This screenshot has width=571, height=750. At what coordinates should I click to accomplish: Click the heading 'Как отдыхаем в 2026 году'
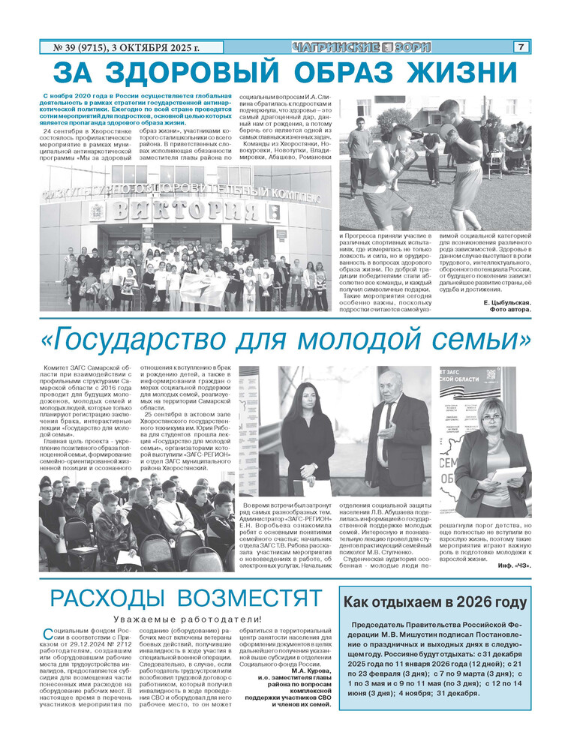tap(434, 602)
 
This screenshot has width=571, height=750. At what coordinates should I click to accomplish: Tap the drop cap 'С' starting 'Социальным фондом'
tap(49, 634)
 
